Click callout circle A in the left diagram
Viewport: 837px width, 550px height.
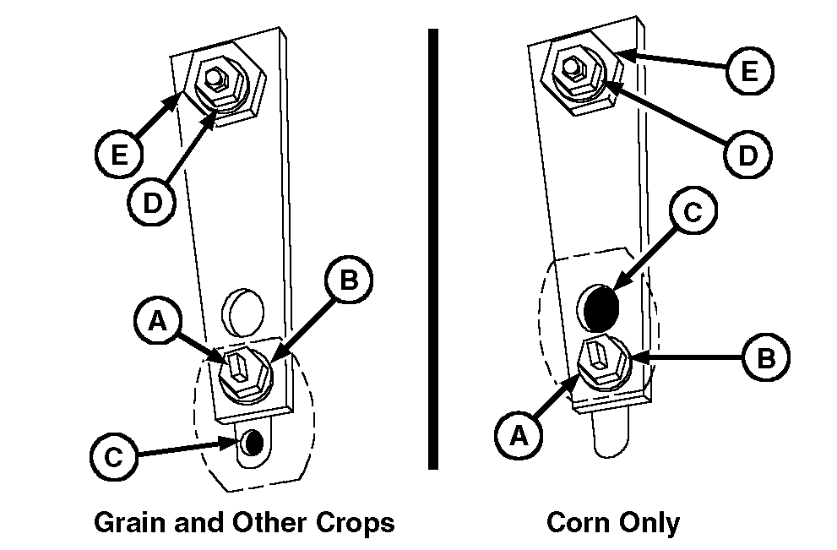click(158, 321)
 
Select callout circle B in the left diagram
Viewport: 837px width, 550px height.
click(349, 280)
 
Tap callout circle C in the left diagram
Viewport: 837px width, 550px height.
click(114, 456)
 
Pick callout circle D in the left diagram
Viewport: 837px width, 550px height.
click(152, 203)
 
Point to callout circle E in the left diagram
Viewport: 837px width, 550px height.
click(119, 155)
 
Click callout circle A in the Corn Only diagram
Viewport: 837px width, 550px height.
click(519, 435)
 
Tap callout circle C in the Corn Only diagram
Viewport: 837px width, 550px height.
click(693, 211)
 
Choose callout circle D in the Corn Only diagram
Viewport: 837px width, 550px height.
click(747, 155)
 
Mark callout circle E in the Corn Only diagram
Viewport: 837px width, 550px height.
click(750, 70)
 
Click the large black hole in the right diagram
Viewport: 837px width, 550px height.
click(601, 309)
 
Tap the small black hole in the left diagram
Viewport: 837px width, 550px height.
click(254, 442)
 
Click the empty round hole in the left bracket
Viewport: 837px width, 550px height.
click(243, 312)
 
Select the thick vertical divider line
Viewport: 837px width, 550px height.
click(433, 249)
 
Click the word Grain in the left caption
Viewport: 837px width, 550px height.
click(130, 522)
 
